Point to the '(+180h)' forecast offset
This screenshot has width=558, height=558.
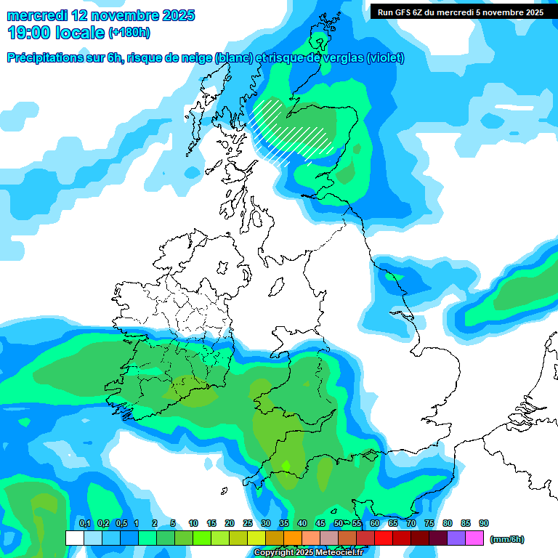(129, 33)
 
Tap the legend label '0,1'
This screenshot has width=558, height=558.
(84, 523)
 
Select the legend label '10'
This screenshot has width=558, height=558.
(193, 523)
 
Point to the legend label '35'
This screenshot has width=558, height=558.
(284, 523)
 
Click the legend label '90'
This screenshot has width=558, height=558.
(484, 523)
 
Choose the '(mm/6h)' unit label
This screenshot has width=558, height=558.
(507, 539)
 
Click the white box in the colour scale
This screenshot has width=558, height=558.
(74, 538)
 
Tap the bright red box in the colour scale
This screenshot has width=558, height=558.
(384, 538)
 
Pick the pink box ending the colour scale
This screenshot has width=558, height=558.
(474, 538)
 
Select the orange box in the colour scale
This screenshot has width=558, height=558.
(293, 538)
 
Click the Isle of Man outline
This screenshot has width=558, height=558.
(276, 287)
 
